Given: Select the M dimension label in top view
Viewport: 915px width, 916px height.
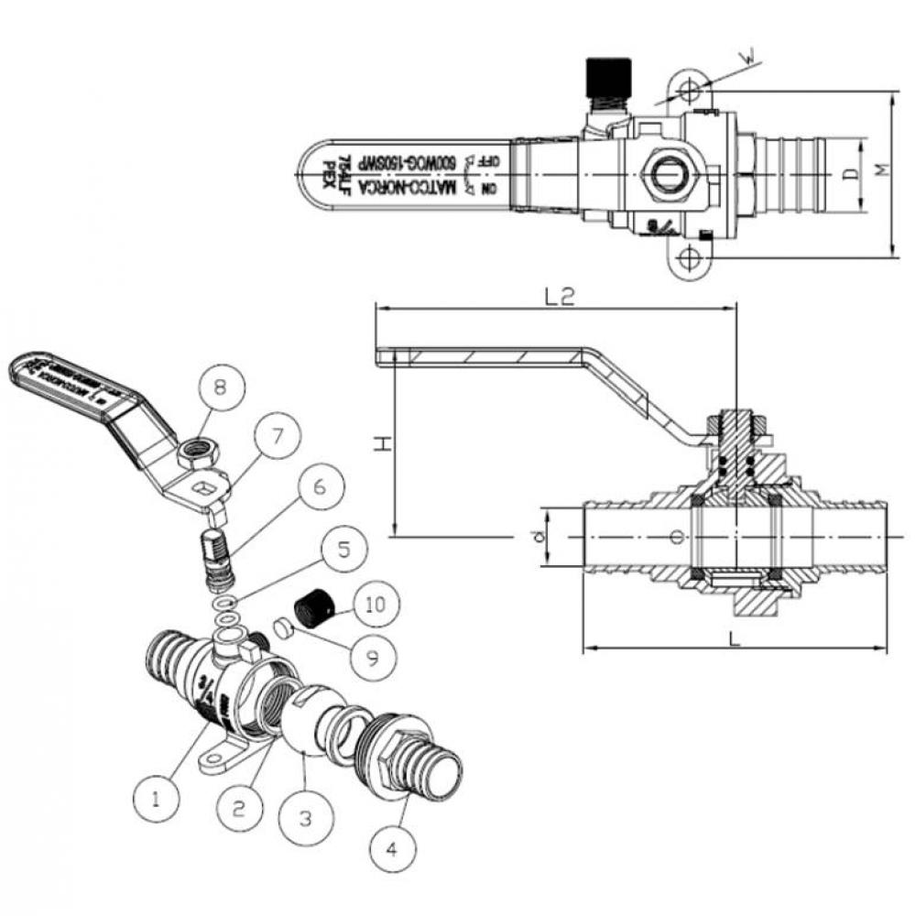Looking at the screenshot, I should (x=881, y=171).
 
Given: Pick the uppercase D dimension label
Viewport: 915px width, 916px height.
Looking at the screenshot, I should (x=851, y=173).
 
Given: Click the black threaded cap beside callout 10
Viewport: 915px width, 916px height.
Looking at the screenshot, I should (x=310, y=608).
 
